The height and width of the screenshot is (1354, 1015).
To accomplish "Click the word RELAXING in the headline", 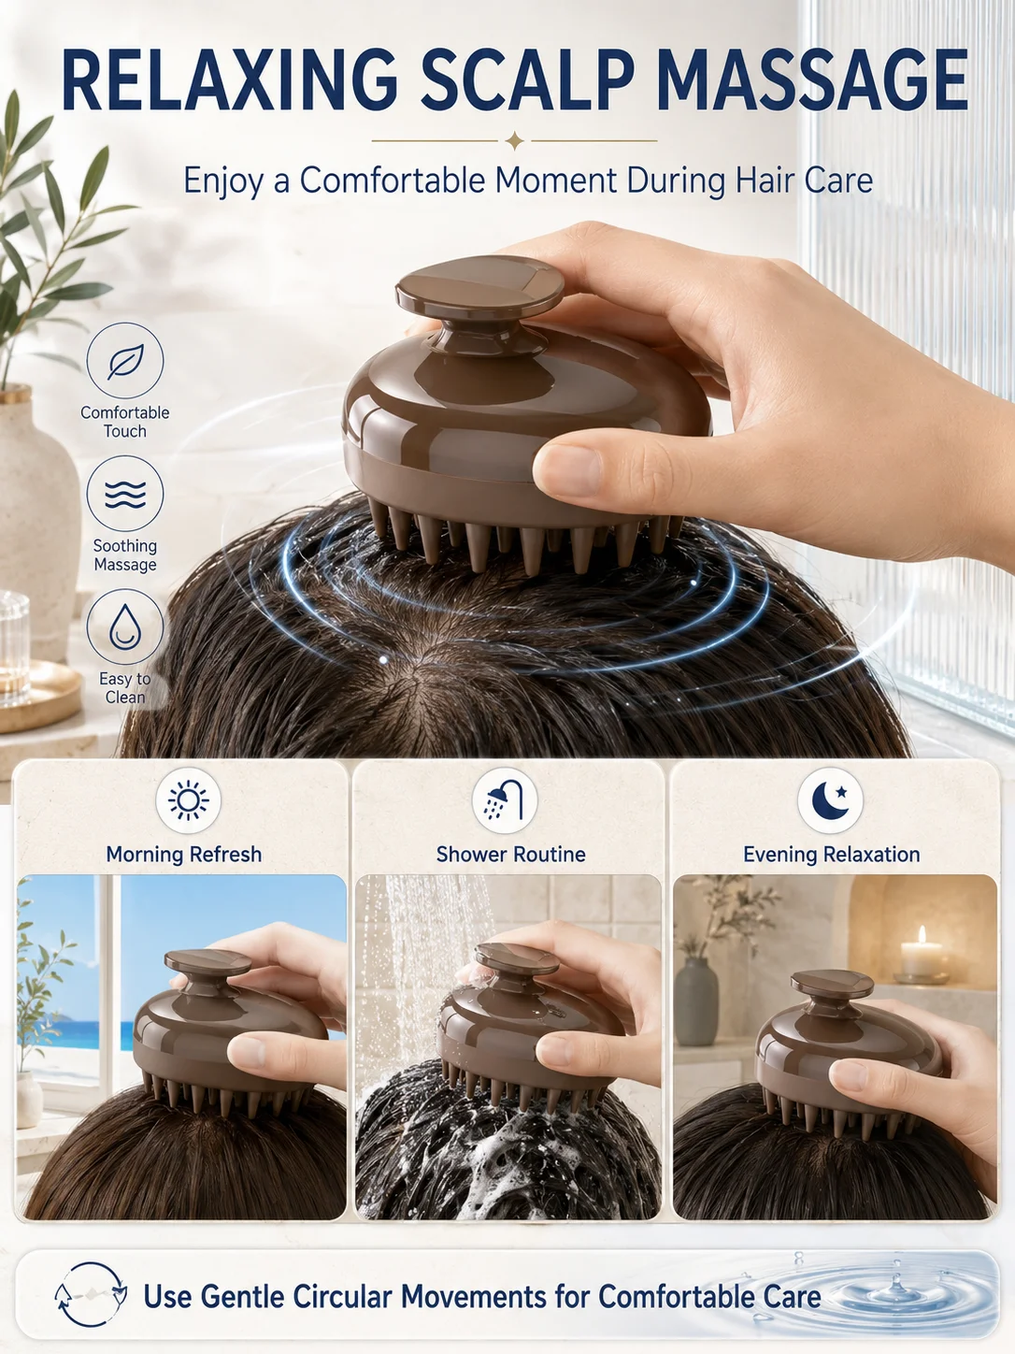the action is (229, 80).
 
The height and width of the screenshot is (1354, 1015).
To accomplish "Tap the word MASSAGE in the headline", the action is (811, 80).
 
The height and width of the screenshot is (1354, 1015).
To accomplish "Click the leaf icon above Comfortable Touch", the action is (125, 361).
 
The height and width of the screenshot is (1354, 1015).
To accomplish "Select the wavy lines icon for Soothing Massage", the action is (125, 494).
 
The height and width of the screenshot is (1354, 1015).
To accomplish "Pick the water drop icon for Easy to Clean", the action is (125, 627).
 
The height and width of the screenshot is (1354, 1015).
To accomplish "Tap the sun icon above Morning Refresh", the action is (188, 800).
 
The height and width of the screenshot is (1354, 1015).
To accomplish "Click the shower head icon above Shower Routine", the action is (505, 800).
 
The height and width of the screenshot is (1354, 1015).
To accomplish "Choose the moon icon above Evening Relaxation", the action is (830, 799).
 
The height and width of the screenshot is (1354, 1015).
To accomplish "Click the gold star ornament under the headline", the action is (515, 141).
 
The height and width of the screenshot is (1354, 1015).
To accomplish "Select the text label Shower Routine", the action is (511, 855).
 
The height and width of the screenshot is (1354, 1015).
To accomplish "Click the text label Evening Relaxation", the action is (832, 855).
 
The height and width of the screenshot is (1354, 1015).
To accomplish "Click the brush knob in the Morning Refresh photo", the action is (207, 963).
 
